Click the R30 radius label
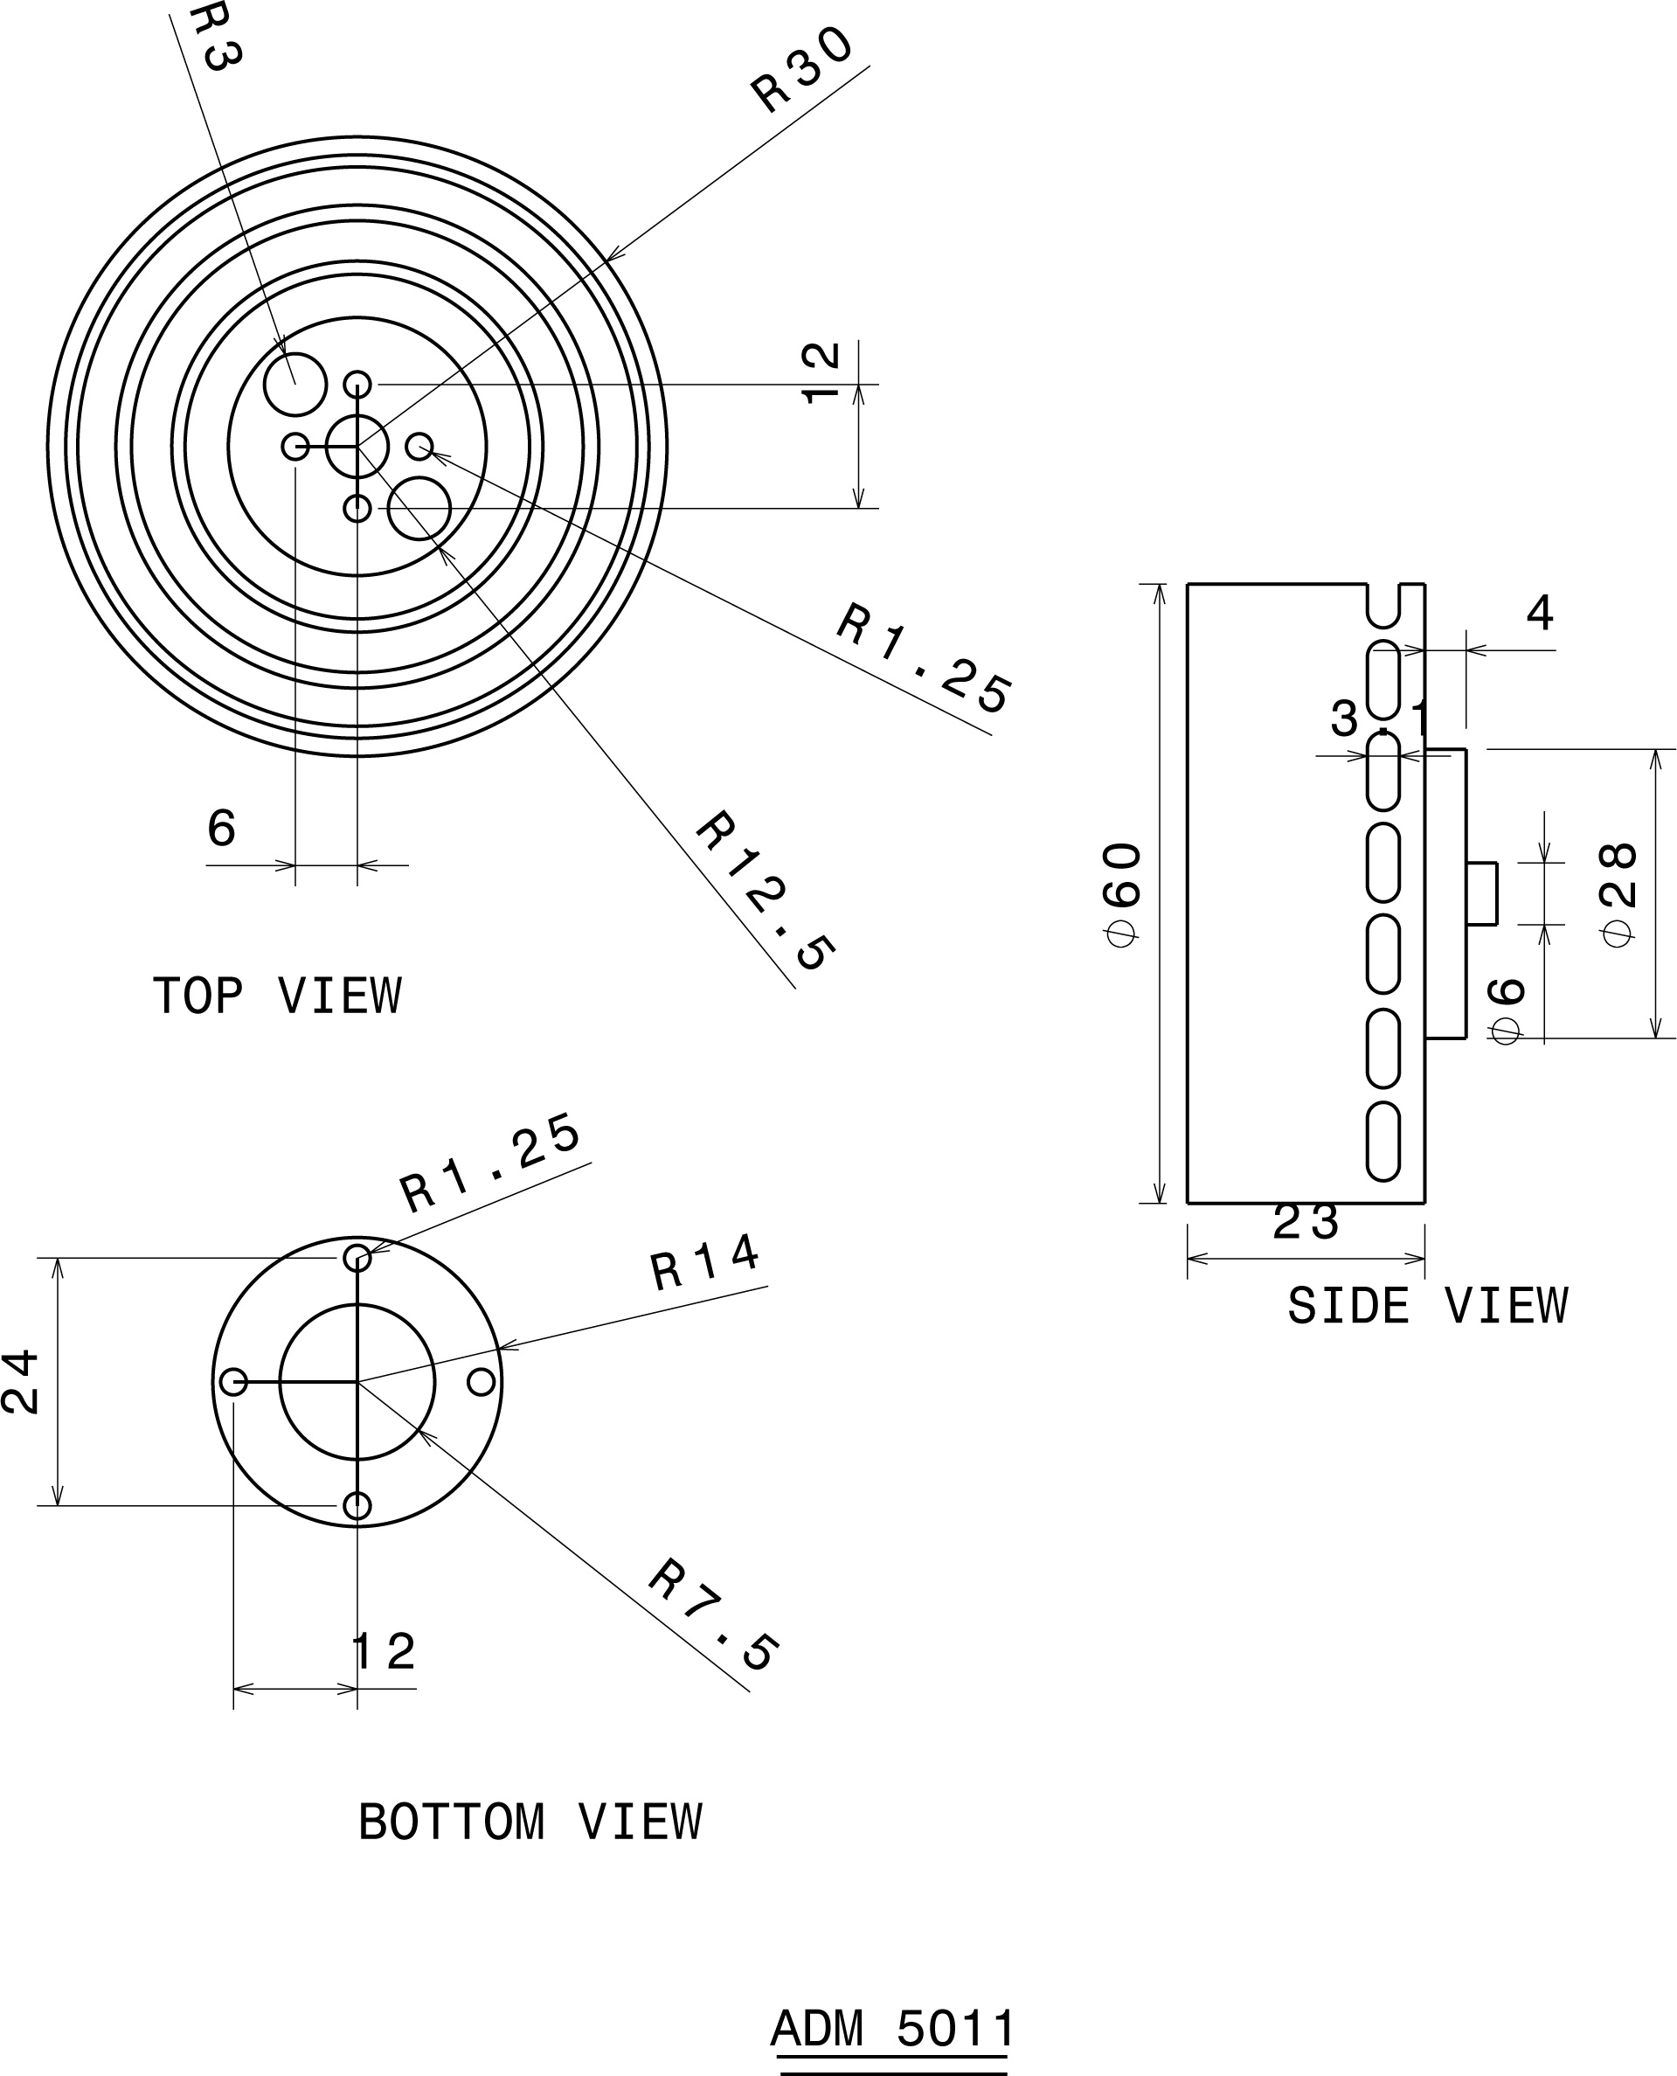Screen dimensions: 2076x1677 [x=801, y=70]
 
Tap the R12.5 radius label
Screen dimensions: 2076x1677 [x=764, y=890]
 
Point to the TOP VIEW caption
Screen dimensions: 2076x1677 [x=277, y=996]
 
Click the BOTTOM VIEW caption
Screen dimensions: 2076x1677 [x=530, y=1822]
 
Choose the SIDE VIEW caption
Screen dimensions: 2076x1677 [x=1427, y=1306]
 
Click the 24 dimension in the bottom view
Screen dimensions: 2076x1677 [x=21, y=1382]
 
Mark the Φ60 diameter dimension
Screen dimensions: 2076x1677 [x=1124, y=894]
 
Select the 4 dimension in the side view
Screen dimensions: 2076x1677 [x=1540, y=613]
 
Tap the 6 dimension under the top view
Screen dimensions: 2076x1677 [x=221, y=828]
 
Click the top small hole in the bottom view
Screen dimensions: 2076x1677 [x=357, y=1258]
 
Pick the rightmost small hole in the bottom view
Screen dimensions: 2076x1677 [x=481, y=1382]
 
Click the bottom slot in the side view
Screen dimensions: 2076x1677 [x=1383, y=1141]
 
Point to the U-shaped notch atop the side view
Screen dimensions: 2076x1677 [x=1383, y=604]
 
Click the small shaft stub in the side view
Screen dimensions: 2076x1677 [x=1482, y=893]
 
